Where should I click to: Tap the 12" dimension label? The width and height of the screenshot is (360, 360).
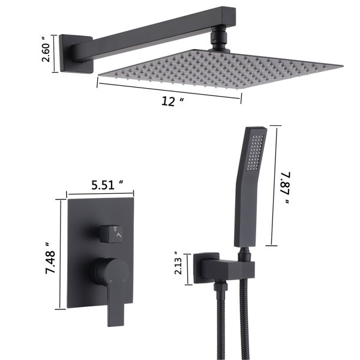pos(173,101)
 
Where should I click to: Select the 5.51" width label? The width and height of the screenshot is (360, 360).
pos(107,185)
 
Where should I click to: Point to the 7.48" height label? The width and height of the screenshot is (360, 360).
pos(50,258)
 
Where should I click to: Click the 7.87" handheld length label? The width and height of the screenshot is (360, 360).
pos(286,188)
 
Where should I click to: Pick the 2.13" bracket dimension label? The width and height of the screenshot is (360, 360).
pos(178,263)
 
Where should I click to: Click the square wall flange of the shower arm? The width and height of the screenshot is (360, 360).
pos(76,53)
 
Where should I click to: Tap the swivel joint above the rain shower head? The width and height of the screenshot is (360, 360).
pos(219,40)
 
